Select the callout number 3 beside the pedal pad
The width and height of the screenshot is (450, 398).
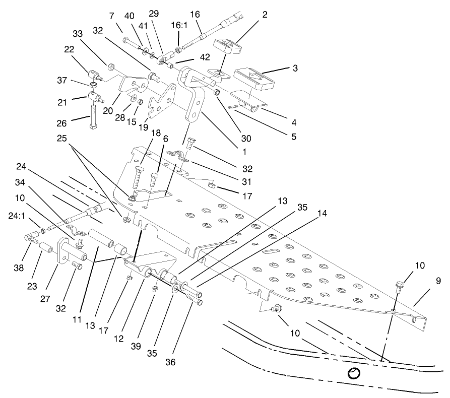[x=295, y=67]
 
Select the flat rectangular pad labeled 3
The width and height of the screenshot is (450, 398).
[x=254, y=78]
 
